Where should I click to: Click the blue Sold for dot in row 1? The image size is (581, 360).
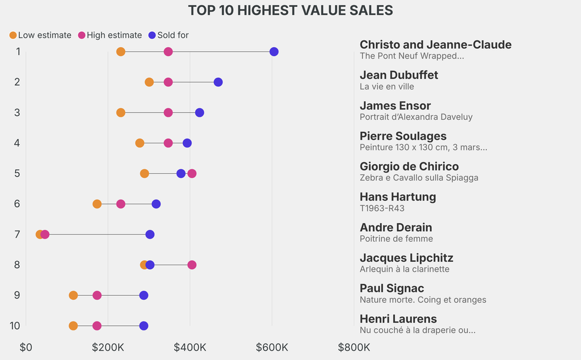pyautogui.click(x=274, y=52)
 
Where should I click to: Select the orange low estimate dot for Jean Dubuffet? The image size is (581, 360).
pyautogui.click(x=149, y=82)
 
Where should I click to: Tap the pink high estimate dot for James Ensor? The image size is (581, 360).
pyautogui.click(x=168, y=112)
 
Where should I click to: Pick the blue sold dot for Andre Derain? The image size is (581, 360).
pyautogui.click(x=150, y=235)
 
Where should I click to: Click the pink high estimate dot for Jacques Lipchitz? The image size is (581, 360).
pyautogui.click(x=192, y=265)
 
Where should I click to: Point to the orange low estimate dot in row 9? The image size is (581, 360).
pyautogui.click(x=73, y=295)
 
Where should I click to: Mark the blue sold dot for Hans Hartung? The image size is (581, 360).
pyautogui.click(x=156, y=204)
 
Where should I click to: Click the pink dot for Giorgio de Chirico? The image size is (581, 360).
pyautogui.click(x=192, y=173)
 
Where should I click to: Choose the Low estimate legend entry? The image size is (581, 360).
pyautogui.click(x=40, y=35)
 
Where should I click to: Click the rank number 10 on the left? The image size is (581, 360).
pyautogui.click(x=15, y=326)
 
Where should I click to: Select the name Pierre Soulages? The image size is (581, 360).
pyautogui.click(x=403, y=136)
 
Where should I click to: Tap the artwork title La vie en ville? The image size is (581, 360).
pyautogui.click(x=387, y=87)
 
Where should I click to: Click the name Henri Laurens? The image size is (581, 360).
pyautogui.click(x=398, y=319)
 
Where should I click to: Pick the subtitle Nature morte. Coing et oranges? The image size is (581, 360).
pyautogui.click(x=423, y=300)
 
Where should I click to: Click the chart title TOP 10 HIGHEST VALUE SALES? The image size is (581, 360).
pyautogui.click(x=290, y=11)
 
